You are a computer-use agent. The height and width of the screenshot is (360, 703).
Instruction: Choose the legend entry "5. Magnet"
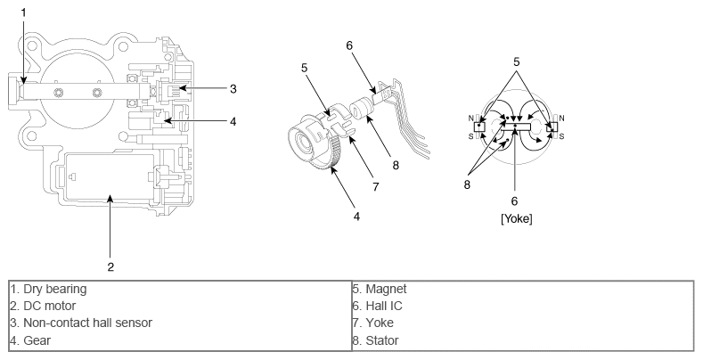[x=382, y=288]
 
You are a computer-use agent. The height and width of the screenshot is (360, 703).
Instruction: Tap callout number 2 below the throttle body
[x=110, y=266]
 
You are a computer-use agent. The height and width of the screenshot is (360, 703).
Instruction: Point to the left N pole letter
[x=470, y=118]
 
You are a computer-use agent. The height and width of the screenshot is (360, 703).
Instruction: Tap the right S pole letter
[x=560, y=135]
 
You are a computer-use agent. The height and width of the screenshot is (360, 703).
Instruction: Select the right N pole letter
[x=560, y=118]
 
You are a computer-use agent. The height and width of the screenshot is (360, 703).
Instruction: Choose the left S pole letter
[x=470, y=135]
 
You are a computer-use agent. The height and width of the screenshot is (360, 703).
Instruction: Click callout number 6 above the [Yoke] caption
[x=515, y=200]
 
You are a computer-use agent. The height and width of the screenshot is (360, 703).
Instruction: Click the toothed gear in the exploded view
[x=321, y=156]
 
